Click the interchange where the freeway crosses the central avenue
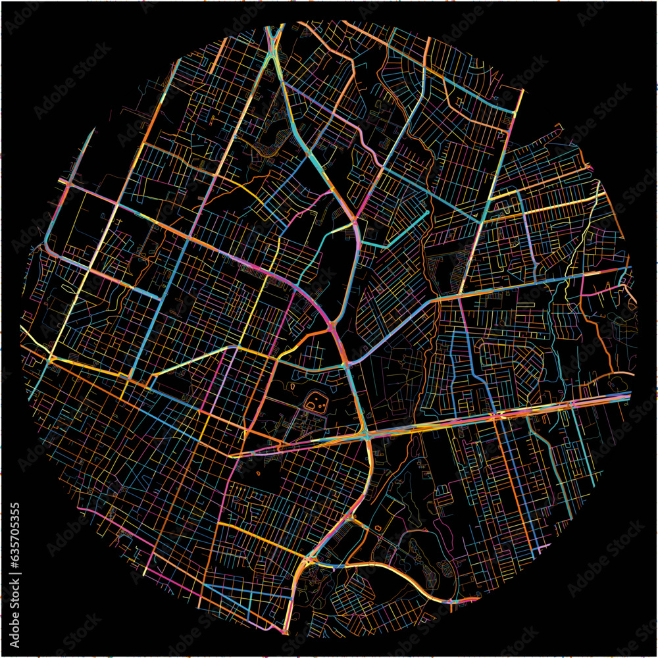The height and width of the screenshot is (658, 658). (x=364, y=435)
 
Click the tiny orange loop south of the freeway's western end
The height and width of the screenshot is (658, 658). (x=258, y=471)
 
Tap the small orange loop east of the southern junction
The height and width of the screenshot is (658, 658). (x=378, y=528)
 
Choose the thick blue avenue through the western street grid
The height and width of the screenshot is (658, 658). (x=155, y=309)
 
